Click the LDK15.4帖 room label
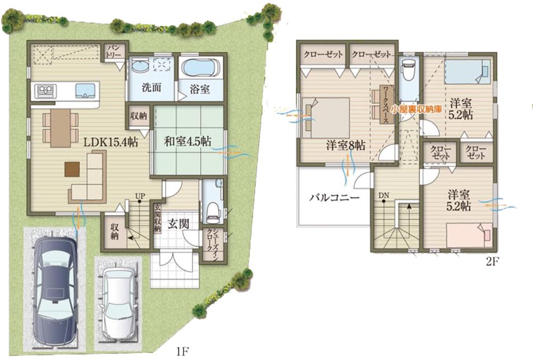pos(110,142)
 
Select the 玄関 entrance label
pos(177,223)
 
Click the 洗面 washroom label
pos(151,87)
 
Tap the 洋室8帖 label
pos(346,144)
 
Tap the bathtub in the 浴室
pos(198,68)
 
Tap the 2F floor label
pos(493,261)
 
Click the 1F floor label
pos(182,351)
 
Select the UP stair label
pos(140,195)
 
